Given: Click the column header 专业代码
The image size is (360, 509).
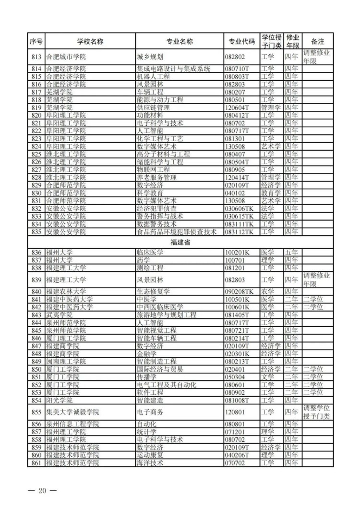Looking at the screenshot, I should [x=242, y=41].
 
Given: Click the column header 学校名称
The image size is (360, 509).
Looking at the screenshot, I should [x=90, y=41].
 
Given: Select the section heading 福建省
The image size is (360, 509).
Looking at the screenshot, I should [x=180, y=243].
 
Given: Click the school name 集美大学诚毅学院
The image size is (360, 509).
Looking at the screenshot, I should [x=72, y=412].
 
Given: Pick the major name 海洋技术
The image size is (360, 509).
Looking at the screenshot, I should [x=150, y=463].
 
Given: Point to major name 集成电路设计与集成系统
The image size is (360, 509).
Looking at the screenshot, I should [x=174, y=69].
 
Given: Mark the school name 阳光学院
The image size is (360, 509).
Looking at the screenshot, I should [x=60, y=400].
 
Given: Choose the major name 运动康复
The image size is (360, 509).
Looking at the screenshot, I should [x=150, y=455].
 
